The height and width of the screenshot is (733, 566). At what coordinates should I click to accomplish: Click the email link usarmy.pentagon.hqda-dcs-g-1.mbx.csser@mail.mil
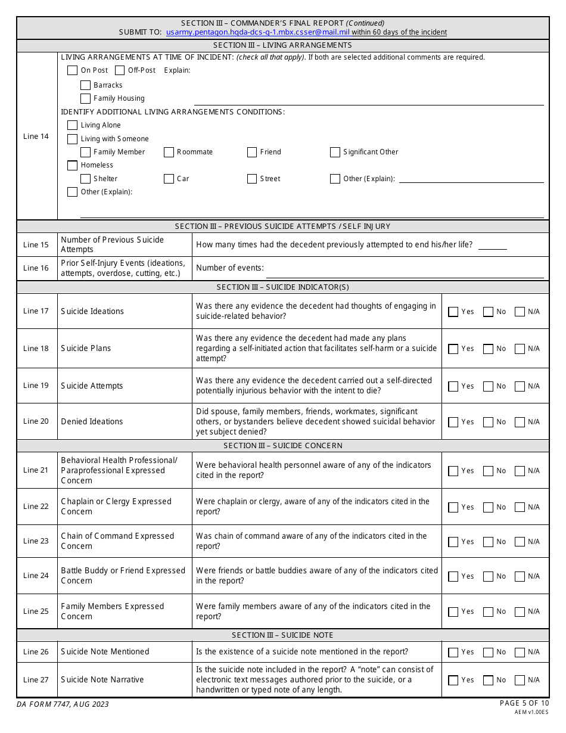coord(257,32)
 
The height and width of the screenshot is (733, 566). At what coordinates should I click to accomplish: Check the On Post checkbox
coord(72,70)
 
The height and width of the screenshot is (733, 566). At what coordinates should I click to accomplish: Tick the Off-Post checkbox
coord(120,70)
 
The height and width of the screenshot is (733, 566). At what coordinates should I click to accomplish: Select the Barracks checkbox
coord(85,85)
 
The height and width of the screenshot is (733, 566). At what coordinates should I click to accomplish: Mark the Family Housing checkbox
coord(85,98)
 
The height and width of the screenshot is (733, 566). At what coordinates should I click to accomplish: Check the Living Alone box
coord(72,125)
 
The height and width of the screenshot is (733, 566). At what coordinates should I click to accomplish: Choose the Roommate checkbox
coord(169,152)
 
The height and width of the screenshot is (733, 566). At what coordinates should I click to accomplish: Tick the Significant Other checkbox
coord(335,152)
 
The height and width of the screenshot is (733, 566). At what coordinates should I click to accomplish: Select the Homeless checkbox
coord(72,165)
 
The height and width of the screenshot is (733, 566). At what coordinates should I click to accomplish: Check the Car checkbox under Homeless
coord(169,179)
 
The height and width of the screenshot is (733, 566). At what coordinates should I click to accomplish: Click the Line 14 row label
coord(36,136)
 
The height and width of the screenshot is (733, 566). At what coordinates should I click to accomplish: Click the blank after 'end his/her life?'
coord(492,244)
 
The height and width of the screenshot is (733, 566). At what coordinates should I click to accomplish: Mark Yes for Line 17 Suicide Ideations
coord(453,312)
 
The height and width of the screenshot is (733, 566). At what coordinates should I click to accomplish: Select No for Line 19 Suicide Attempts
coord(489,386)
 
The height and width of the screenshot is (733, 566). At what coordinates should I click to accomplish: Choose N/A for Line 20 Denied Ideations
coord(520,422)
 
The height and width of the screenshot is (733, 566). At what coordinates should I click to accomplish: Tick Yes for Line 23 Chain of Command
coord(453,542)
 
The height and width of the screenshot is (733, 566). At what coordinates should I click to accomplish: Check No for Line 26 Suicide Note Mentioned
coord(489,653)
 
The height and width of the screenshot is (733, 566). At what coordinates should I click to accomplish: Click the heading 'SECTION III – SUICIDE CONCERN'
coord(283,446)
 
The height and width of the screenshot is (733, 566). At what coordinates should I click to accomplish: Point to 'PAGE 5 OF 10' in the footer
coord(524,703)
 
